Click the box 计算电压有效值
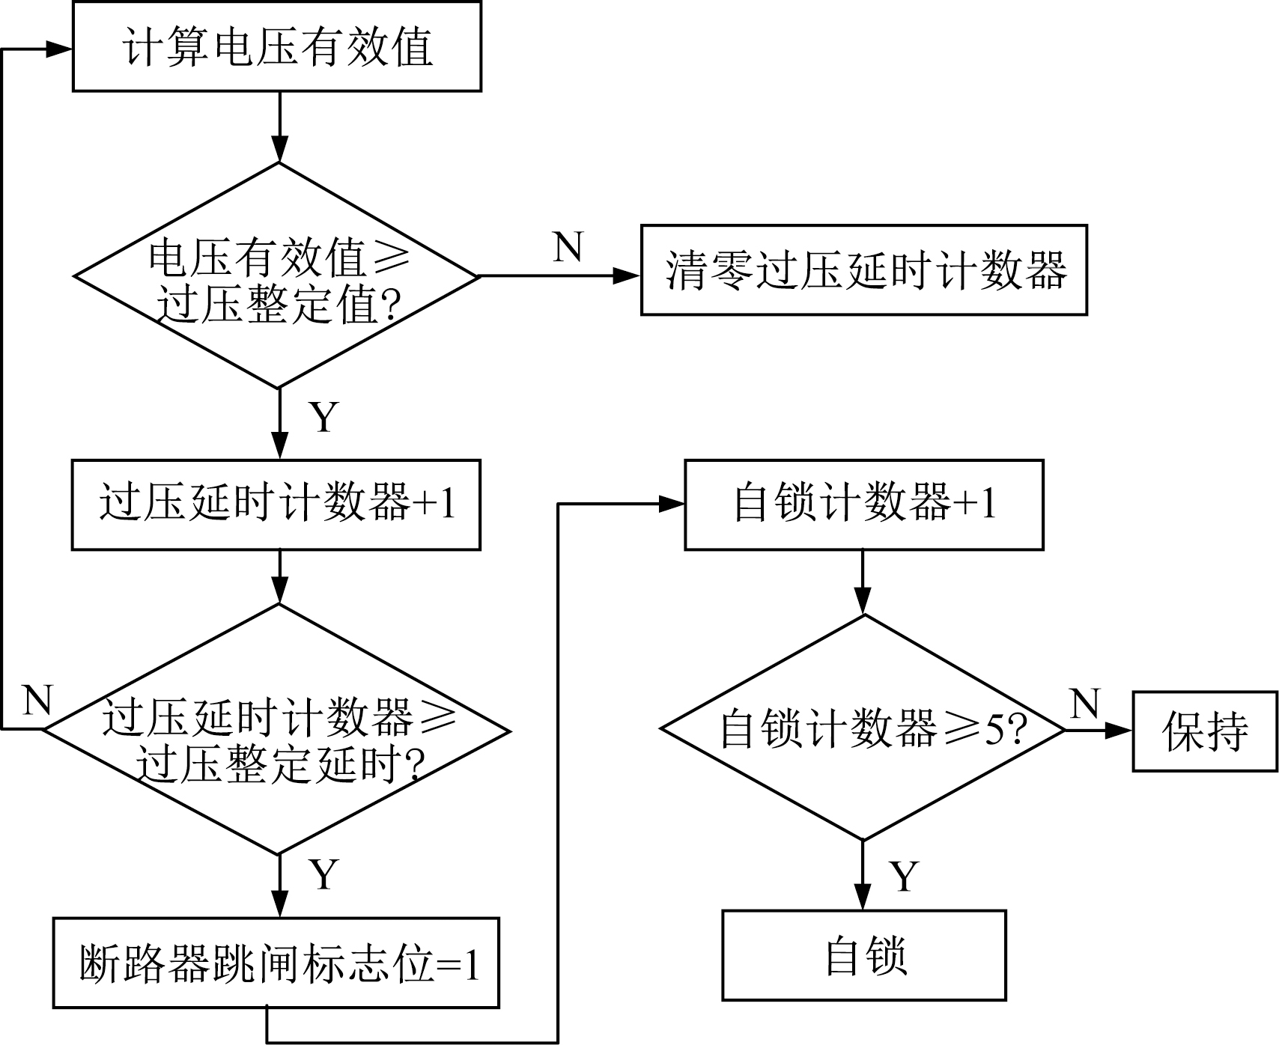click(276, 46)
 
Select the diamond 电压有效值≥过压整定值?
click(276, 275)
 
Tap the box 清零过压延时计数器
click(863, 269)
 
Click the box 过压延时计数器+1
click(276, 504)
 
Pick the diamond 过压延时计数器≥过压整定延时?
click(276, 729)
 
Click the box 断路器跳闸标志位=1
click(276, 963)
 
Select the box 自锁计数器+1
click(863, 504)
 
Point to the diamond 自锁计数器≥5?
click(863, 728)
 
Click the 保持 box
click(1204, 731)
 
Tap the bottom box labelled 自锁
click(863, 955)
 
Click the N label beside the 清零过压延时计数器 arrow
click(568, 246)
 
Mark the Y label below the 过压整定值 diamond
click(323, 417)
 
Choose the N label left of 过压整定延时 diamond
click(37, 701)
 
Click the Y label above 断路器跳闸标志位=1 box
click(323, 874)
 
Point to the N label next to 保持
click(1085, 704)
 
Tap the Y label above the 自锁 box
click(905, 876)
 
